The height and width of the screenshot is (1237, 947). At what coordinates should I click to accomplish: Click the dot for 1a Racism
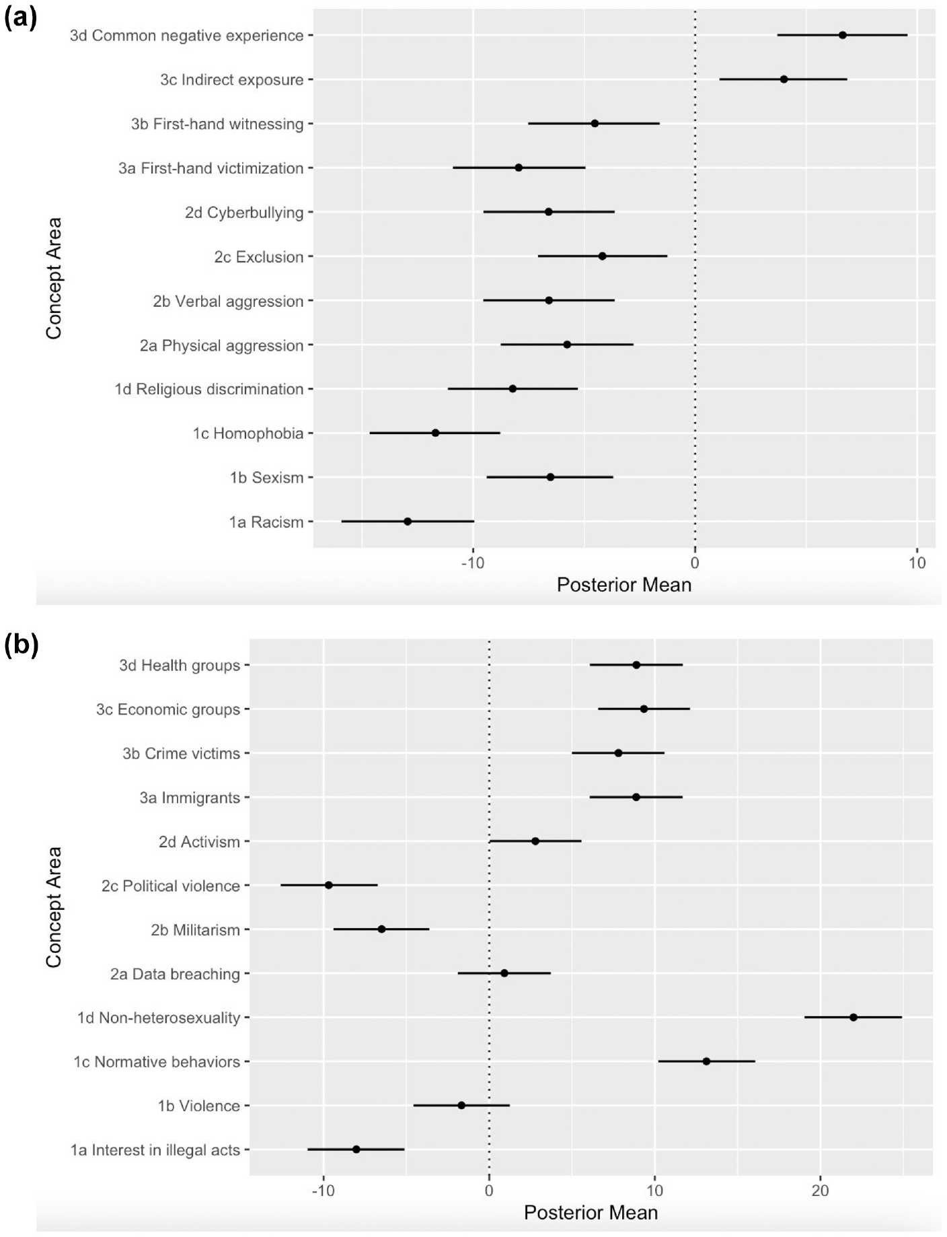click(408, 522)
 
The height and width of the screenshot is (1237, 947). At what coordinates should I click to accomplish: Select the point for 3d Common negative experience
click(842, 35)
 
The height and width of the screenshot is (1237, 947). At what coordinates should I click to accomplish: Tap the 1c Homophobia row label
click(248, 433)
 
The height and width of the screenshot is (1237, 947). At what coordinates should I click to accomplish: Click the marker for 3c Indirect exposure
click(784, 79)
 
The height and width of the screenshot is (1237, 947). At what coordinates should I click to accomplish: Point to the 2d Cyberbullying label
click(244, 213)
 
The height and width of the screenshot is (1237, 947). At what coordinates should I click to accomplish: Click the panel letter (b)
click(22, 645)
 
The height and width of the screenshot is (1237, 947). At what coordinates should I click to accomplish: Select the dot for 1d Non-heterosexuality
click(854, 1017)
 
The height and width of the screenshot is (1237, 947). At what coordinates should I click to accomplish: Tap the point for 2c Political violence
click(328, 885)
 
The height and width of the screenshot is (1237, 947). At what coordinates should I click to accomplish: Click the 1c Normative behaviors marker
click(706, 1061)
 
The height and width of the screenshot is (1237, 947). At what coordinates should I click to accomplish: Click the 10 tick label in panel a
click(917, 563)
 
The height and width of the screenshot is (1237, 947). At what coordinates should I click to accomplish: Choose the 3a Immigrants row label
click(190, 798)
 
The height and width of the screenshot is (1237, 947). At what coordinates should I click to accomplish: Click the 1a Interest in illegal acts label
click(155, 1150)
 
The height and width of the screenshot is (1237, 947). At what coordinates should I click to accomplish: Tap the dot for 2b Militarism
click(381, 929)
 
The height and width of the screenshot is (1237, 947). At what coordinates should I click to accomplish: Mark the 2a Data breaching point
click(504, 973)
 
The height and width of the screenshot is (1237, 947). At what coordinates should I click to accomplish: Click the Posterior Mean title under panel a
click(624, 585)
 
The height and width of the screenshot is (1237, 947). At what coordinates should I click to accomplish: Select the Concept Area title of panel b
click(54, 907)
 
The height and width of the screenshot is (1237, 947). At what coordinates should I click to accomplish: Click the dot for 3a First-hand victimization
click(519, 168)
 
